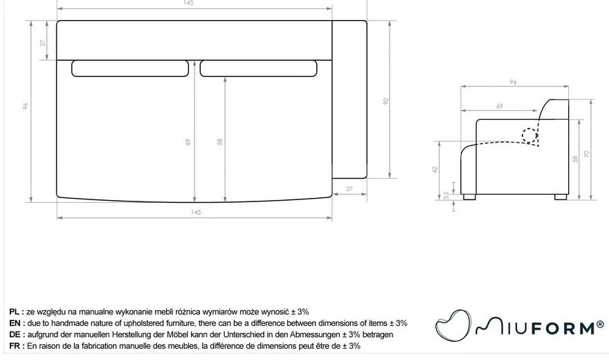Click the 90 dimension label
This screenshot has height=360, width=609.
pos(386,100)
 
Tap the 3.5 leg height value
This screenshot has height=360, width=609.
pos(447,195)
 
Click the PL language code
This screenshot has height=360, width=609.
pos(16,312)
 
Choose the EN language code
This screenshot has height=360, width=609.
pos(16,323)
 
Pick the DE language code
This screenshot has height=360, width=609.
pos(16,334)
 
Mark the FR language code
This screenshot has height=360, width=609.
pos(16,345)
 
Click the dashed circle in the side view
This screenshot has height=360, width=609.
pos(531,135)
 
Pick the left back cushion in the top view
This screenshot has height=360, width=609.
pos(129,68)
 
